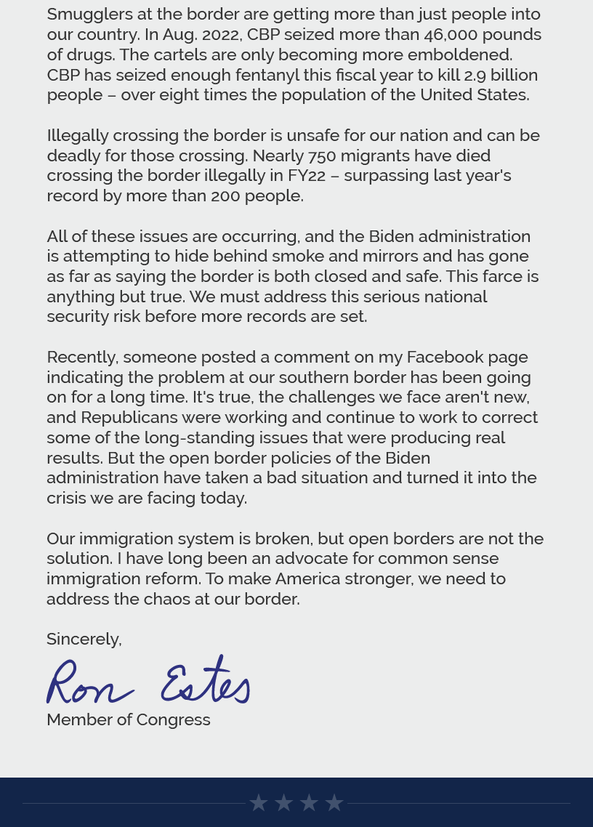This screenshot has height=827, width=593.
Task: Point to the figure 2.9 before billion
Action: click(475, 75)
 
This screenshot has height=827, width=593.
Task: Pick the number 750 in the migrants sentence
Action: click(322, 156)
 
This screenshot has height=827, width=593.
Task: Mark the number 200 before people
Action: click(225, 196)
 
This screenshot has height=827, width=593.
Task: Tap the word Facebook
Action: click(445, 358)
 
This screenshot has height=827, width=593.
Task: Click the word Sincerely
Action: click(84, 640)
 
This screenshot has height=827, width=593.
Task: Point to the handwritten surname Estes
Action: click(206, 682)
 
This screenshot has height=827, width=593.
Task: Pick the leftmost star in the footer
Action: click(259, 803)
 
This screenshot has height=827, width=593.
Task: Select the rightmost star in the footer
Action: click(334, 803)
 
